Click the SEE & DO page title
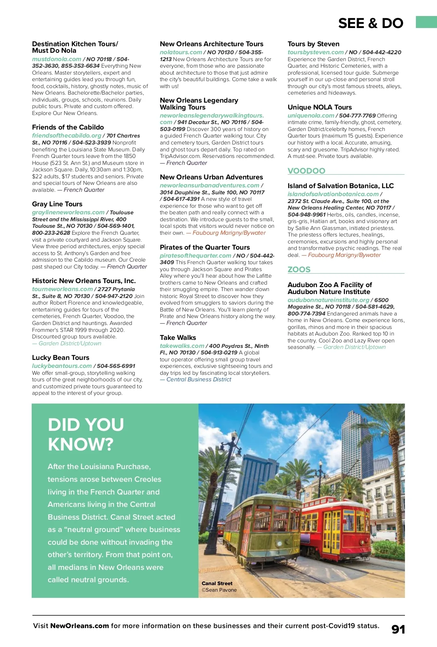(370, 23)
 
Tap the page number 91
(398, 629)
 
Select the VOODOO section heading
(306, 171)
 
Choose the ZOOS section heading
(299, 269)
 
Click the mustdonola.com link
(56, 59)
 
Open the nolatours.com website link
(181, 52)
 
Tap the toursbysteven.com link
(315, 52)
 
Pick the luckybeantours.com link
(62, 366)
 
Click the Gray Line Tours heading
(57, 204)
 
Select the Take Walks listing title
(178, 337)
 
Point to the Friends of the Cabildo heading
(68, 127)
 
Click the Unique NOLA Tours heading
(319, 107)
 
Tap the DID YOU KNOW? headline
(86, 434)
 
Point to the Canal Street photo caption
(217, 583)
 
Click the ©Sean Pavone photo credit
(219, 590)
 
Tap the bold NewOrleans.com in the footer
(79, 626)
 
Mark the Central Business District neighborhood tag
(198, 379)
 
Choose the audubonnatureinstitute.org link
(328, 300)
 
